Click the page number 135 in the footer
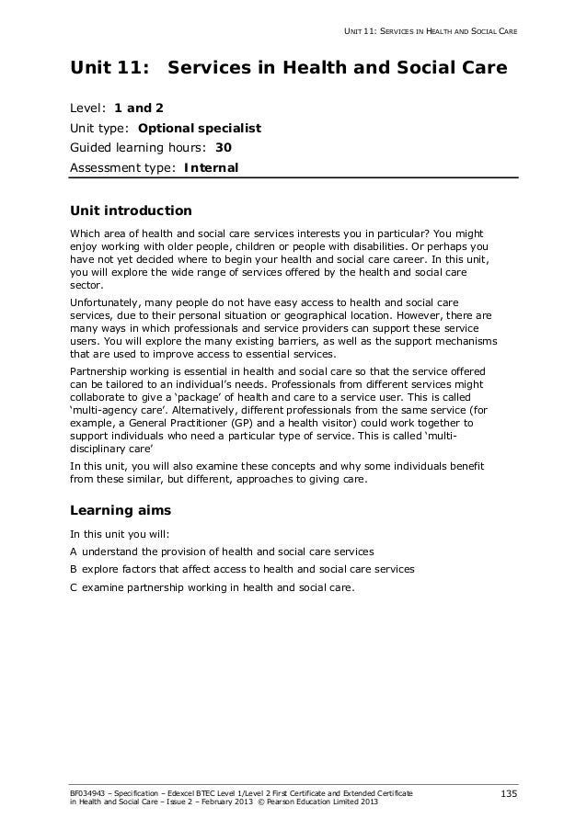(x=509, y=793)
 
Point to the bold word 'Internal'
(x=211, y=168)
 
